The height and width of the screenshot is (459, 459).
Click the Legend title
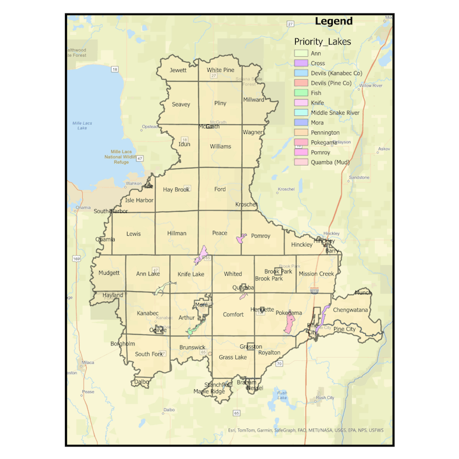(333, 21)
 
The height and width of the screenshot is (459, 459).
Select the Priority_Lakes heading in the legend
(322, 41)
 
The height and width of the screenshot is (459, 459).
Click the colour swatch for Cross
(301, 63)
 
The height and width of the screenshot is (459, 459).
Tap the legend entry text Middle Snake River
(335, 112)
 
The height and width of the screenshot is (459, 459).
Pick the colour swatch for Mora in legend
(301, 122)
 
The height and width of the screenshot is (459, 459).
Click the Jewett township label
(178, 70)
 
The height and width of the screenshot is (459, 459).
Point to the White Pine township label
(220, 70)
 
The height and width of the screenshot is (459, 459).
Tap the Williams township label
(221, 146)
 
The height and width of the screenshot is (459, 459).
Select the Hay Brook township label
(176, 189)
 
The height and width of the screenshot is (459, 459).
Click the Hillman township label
(177, 233)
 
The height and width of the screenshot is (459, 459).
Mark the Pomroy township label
(261, 236)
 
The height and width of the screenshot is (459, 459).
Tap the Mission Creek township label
(316, 274)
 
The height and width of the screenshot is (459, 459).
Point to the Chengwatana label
(351, 310)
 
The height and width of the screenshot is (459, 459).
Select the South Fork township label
(149, 354)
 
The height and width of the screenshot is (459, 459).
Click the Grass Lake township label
(233, 358)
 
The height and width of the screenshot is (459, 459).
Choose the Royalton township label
(269, 352)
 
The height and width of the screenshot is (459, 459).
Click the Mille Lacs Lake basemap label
(82, 125)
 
